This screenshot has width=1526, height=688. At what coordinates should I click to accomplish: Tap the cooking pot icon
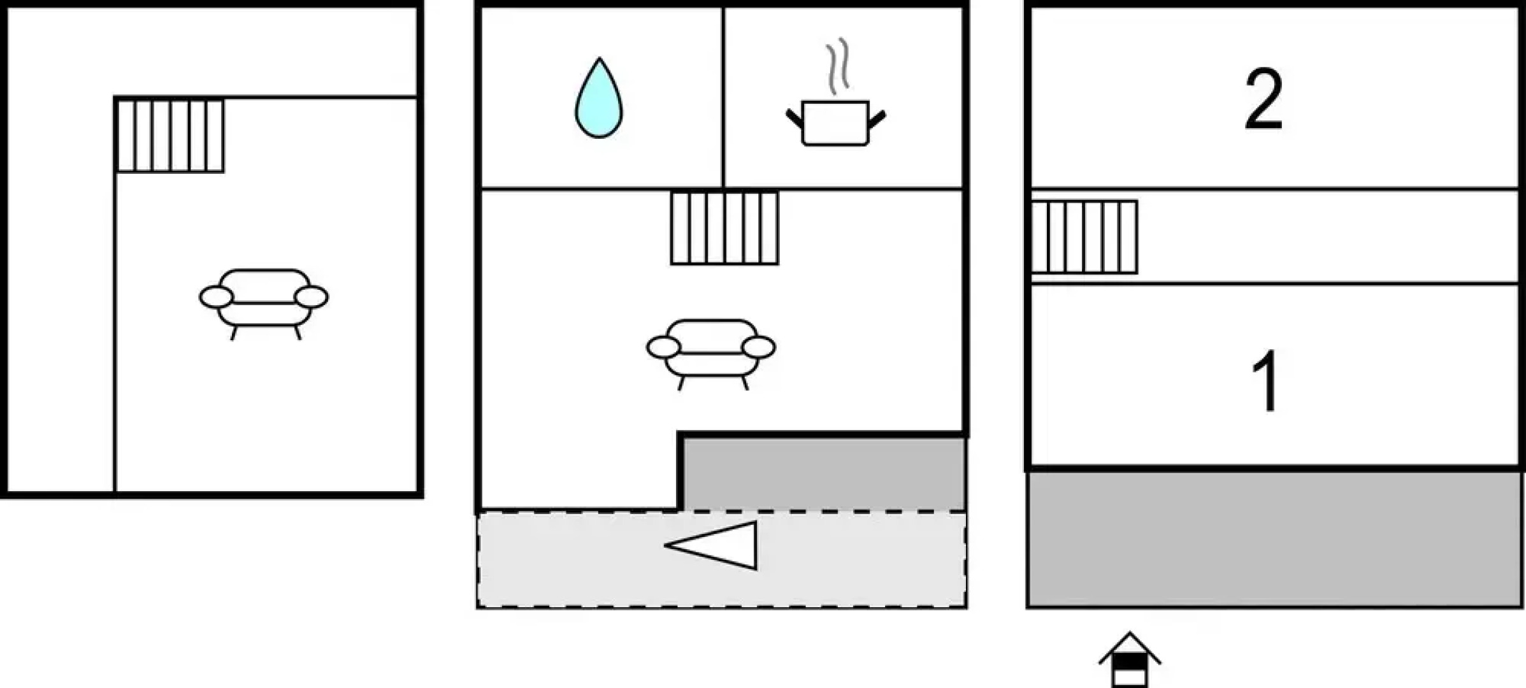(x=835, y=122)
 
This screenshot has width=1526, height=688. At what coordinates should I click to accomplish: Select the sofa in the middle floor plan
(x=711, y=351)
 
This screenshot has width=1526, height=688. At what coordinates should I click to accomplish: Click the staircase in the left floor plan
(x=170, y=135)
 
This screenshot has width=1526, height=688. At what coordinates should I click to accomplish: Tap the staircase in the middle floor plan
(x=724, y=227)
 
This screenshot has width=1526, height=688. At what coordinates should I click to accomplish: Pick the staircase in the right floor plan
(x=1084, y=236)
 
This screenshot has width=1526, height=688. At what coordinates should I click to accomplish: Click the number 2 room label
(x=1263, y=99)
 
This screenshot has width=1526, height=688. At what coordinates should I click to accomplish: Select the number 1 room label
(x=1265, y=381)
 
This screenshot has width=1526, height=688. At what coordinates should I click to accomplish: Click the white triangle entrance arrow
(x=720, y=545)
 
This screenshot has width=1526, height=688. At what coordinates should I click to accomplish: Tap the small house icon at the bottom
(x=1129, y=661)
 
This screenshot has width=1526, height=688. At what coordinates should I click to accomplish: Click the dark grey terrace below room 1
(x=1274, y=539)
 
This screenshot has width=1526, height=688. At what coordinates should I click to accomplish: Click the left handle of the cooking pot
(x=794, y=118)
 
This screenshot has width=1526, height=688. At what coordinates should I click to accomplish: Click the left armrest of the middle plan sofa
(x=663, y=347)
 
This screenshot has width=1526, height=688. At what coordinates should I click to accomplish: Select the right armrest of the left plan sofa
(x=311, y=297)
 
